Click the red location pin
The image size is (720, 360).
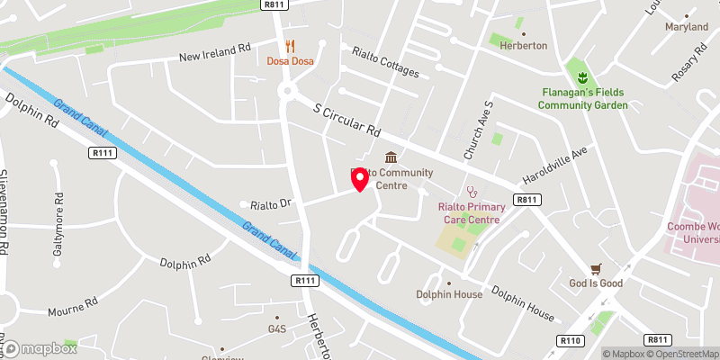(360, 178)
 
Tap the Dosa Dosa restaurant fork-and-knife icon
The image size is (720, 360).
(290, 45)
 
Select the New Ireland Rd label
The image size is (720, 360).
(214, 53)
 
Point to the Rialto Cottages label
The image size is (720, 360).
(385, 62)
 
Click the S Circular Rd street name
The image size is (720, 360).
(346, 122)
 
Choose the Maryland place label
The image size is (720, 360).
(686, 28)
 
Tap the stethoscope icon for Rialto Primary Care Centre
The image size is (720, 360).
(470, 192)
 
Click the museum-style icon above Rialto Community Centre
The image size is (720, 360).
(391, 157)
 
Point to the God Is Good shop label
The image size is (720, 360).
(595, 283)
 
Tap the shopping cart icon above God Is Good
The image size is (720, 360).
(595, 268)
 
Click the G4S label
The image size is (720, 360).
(276, 329)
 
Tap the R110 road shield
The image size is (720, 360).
(569, 340)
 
